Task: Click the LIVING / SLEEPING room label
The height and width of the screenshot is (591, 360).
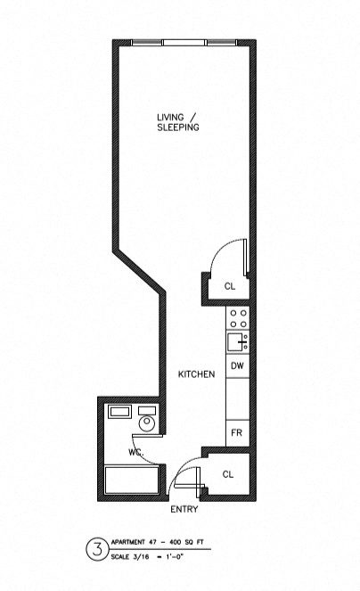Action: pos(178,122)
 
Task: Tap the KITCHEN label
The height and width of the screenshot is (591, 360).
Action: pos(196,374)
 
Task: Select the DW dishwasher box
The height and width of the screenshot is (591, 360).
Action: pos(238,365)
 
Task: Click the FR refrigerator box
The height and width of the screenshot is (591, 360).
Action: pos(238,432)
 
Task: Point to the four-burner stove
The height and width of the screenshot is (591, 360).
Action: pos(238,318)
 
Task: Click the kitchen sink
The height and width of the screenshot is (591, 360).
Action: pos(238,341)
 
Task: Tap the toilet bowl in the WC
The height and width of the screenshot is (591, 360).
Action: pos(147,423)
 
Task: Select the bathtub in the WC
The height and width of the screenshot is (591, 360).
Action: pos(132,480)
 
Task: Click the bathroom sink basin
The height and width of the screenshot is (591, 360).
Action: pos(120,412)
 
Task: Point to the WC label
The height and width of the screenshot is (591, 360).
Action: pos(135,452)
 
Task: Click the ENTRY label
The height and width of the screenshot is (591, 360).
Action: pos(184,509)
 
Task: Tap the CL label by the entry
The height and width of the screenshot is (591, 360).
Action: pos(228,474)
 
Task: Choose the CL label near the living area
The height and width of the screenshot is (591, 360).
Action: pos(230,286)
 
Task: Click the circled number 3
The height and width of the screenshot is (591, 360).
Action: pos(97,549)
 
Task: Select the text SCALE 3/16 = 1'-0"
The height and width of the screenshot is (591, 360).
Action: pos(147,557)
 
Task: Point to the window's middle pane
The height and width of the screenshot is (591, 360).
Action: pos(184,43)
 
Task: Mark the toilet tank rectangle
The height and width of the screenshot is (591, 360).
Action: pos(147,410)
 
